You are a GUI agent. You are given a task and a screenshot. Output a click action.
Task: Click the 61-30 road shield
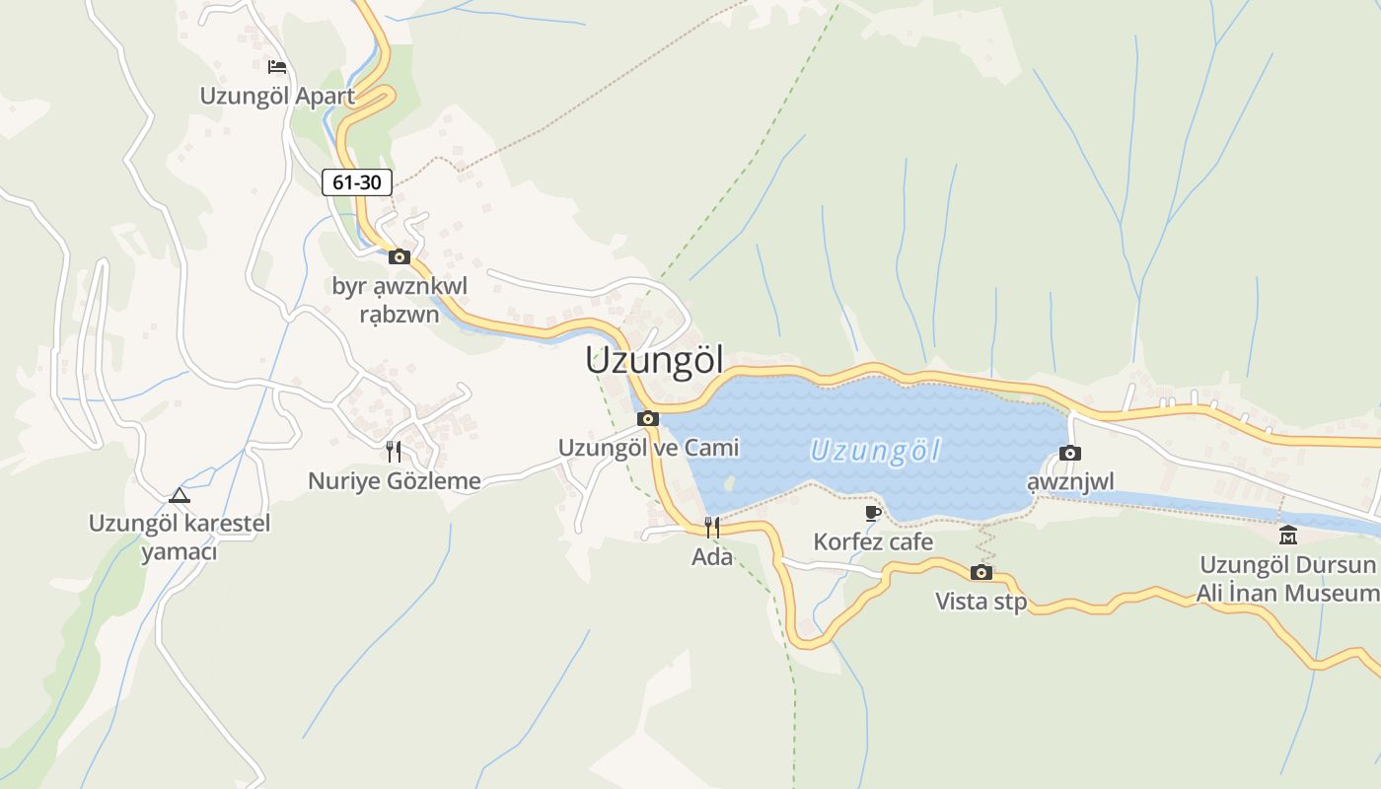357,182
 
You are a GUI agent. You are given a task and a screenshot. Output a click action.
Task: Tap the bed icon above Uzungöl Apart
277,67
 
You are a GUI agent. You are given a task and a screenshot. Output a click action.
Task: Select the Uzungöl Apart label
277,96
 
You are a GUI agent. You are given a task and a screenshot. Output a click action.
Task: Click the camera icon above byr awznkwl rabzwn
400,257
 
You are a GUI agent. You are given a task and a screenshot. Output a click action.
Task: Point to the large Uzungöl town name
654,360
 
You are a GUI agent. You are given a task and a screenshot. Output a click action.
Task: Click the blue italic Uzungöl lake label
875,452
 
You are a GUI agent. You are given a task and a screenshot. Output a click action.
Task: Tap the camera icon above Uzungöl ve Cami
648,419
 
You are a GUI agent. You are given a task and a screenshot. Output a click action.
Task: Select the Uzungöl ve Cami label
648,448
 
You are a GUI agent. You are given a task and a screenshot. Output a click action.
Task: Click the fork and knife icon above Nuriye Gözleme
394,452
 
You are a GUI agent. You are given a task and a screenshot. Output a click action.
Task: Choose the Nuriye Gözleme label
395,481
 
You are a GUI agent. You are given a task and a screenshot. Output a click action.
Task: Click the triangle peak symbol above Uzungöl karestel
179,495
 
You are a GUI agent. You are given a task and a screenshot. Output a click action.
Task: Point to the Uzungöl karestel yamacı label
180,537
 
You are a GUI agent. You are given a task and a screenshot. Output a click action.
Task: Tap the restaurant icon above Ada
712,528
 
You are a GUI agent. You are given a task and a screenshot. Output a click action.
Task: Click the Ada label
712,557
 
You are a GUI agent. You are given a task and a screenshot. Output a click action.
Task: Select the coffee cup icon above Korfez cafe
873,513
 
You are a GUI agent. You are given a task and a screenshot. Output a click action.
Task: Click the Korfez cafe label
873,541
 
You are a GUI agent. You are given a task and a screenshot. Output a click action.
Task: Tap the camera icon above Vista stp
981,573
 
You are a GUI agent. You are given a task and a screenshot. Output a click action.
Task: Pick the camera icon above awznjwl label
1069,454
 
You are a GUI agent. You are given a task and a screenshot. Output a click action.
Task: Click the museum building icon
1287,536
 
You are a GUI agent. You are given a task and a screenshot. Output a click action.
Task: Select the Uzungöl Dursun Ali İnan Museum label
1287,579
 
